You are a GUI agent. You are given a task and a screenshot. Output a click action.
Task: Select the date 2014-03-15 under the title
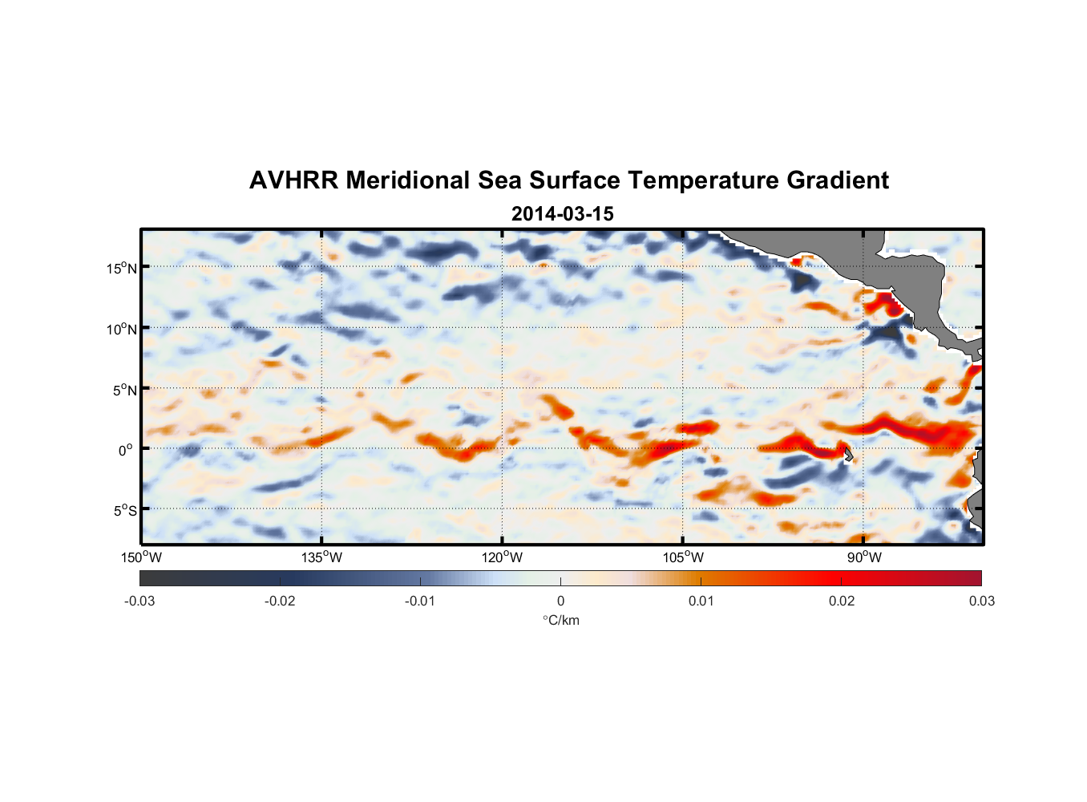tap(562, 214)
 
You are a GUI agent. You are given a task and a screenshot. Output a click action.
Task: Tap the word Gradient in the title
tap(838, 180)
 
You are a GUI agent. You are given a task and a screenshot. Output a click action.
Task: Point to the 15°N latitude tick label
tap(122, 268)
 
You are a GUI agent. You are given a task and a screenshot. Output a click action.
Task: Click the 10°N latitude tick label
tap(122, 329)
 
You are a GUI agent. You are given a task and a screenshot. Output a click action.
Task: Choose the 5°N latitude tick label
tap(124, 390)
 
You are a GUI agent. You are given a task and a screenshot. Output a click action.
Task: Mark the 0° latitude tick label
tap(126, 450)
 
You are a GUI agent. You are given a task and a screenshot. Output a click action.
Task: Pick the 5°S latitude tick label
tap(124, 510)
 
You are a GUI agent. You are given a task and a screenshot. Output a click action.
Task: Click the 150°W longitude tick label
tap(141, 557)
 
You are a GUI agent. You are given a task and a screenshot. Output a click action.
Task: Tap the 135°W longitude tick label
tap(321, 557)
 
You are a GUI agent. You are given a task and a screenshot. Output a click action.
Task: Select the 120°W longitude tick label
tap(502, 557)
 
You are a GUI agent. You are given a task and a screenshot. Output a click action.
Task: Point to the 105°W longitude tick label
tap(683, 557)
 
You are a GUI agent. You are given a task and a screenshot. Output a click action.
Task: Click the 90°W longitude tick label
tap(864, 557)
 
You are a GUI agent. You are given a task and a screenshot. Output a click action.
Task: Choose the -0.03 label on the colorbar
tap(139, 601)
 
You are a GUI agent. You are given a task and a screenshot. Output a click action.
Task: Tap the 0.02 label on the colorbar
tap(842, 601)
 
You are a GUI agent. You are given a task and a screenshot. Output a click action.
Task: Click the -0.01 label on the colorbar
tap(420, 601)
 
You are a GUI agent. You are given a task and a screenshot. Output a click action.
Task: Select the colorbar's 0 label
tap(560, 601)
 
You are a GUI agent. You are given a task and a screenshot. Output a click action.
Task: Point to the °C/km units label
tap(560, 620)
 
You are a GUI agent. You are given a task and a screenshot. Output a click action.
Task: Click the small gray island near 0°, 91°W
tap(848, 455)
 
